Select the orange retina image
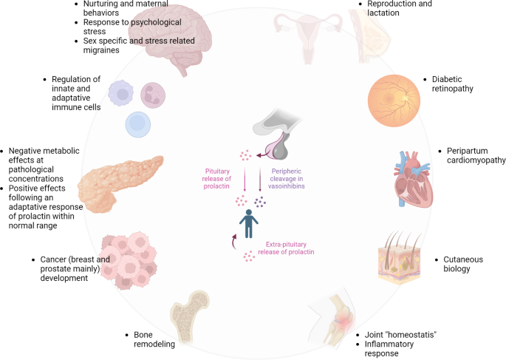(x=394, y=101)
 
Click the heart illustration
(x=413, y=180)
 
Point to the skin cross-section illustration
(x=400, y=258)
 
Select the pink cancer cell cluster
(x=129, y=260)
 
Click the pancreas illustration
(x=120, y=183)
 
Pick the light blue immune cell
(x=138, y=125)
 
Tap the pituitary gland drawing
(x=277, y=135)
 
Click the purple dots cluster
(x=260, y=202)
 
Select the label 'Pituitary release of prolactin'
(x=216, y=179)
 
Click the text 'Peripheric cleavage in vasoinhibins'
(x=287, y=179)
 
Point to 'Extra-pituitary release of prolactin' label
(x=286, y=248)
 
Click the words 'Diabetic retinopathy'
(x=452, y=84)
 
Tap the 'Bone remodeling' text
(x=154, y=339)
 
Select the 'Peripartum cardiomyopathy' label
(x=476, y=155)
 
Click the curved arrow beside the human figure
(x=233, y=242)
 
